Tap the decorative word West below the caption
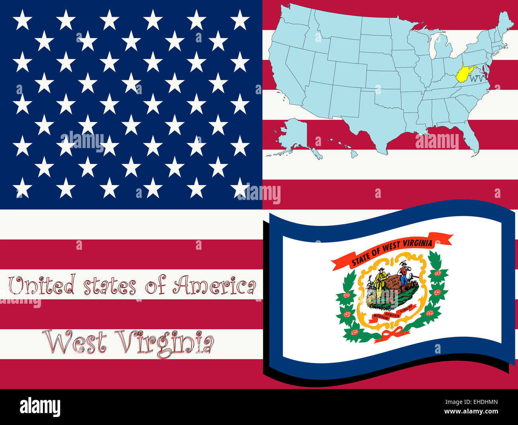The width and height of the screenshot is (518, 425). coord(76,342)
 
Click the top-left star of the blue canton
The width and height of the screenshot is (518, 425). coord(22,20)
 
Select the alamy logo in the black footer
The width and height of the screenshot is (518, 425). coord(40,407)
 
